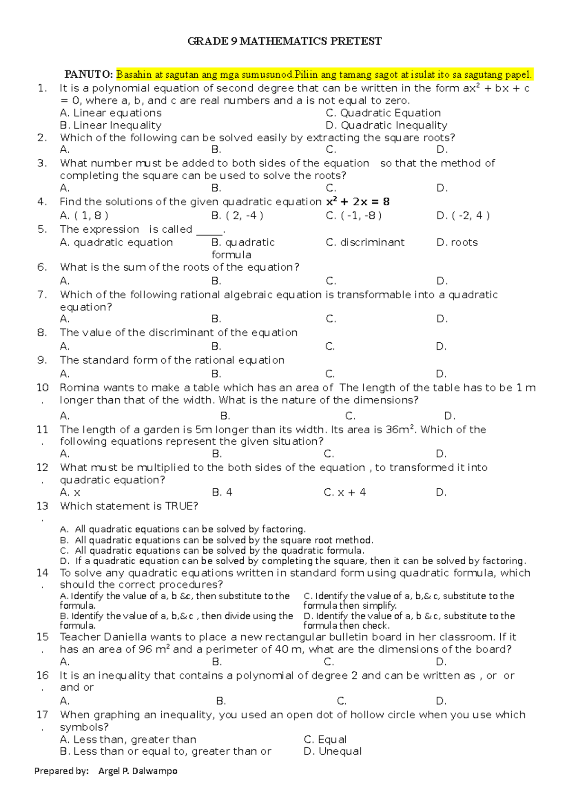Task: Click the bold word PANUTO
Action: [89, 74]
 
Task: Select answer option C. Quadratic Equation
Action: [383, 113]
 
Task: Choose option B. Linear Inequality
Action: [110, 125]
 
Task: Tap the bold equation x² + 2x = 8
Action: [358, 202]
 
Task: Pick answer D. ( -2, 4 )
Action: [463, 216]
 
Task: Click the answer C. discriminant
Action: [365, 242]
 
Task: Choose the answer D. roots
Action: [457, 242]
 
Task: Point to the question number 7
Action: [42, 295]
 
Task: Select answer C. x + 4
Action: [345, 492]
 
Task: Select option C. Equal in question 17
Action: [325, 739]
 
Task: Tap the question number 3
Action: [42, 163]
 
